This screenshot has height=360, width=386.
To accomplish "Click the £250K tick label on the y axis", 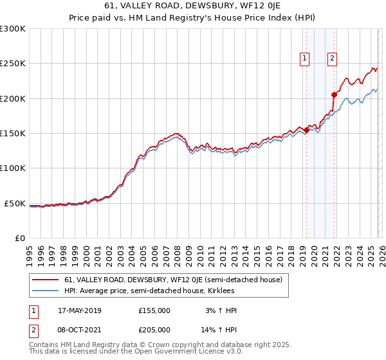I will pyautogui.click(x=12, y=64).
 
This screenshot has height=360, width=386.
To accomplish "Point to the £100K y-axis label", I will pyautogui.click(x=12, y=168).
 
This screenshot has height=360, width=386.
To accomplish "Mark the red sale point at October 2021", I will pyautogui.click(x=334, y=95).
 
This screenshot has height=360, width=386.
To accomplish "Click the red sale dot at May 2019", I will pyautogui.click(x=306, y=130).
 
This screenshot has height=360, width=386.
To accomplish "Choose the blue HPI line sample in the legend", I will pyautogui.click(x=45, y=291).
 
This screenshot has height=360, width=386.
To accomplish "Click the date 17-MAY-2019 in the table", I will pyautogui.click(x=84, y=310).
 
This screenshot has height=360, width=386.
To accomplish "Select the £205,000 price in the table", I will pyautogui.click(x=154, y=330).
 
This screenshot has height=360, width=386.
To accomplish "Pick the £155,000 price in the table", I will pyautogui.click(x=154, y=310).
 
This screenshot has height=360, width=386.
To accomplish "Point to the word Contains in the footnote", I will pyautogui.click(x=44, y=346).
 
